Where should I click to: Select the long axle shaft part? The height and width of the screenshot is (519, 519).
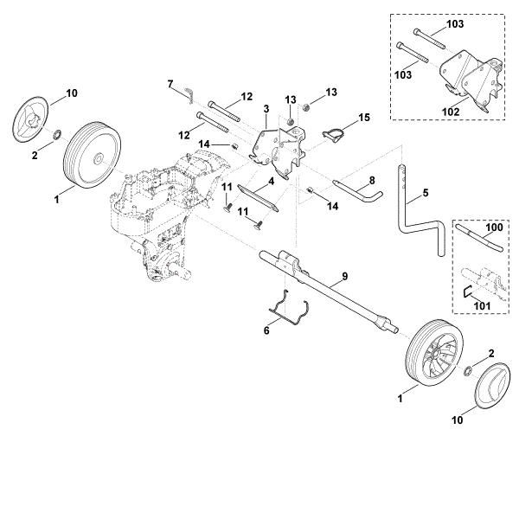pyautogui.click(x=329, y=291)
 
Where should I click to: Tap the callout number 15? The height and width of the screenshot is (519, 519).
pyautogui.click(x=363, y=116)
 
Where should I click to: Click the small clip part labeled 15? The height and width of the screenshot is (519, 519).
pyautogui.click(x=336, y=131)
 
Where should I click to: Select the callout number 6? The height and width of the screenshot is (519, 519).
pyautogui.click(x=266, y=330)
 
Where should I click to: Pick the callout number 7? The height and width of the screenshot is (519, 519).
pyautogui.click(x=170, y=84)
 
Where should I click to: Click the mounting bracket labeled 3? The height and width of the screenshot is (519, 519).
pyautogui.click(x=275, y=143)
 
